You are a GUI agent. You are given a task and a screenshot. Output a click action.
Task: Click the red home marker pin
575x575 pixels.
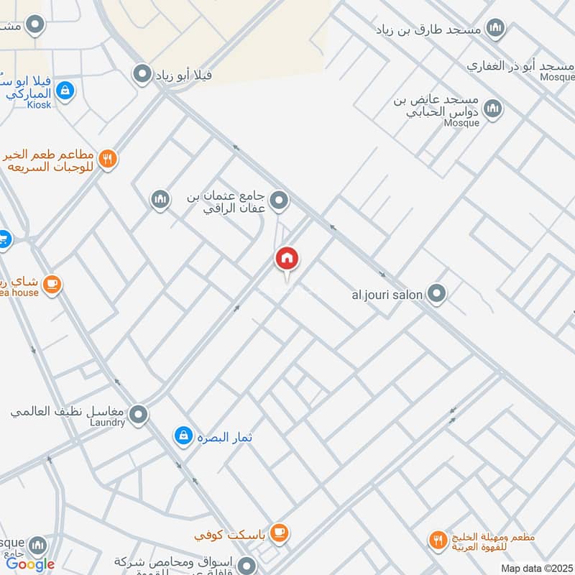point(287,259)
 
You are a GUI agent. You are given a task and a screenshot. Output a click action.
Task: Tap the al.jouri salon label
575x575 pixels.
point(387,294)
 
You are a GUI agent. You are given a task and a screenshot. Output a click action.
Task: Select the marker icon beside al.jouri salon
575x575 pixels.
point(436,293)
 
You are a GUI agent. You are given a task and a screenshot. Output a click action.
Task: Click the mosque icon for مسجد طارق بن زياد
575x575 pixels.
point(494,29)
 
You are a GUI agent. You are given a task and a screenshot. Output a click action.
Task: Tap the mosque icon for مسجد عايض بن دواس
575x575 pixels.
point(492,109)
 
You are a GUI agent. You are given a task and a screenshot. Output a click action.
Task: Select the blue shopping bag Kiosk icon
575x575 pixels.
point(65,91)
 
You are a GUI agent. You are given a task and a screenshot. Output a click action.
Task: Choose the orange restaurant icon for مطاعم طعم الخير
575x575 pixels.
point(108,159)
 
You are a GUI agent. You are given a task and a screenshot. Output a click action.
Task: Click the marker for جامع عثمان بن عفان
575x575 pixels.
point(280,201)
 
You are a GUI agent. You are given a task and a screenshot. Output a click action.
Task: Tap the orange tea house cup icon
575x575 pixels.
point(51,285)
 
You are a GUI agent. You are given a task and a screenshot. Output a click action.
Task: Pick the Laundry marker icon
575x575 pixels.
point(138,414)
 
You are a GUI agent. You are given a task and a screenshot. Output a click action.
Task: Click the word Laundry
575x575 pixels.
point(108,423)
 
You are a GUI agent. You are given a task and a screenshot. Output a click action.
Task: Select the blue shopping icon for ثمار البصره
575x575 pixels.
point(183,436)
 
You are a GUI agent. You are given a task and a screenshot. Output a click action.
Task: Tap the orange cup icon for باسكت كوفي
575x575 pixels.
point(279,533)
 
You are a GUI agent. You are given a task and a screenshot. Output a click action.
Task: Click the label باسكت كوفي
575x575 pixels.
point(231,535)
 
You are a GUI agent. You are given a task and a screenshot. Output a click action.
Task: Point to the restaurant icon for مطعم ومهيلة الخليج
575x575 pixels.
point(437,539)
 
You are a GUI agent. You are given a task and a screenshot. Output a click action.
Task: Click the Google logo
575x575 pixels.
point(30,564)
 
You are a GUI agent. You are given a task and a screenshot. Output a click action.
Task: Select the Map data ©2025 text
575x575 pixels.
point(537,568)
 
